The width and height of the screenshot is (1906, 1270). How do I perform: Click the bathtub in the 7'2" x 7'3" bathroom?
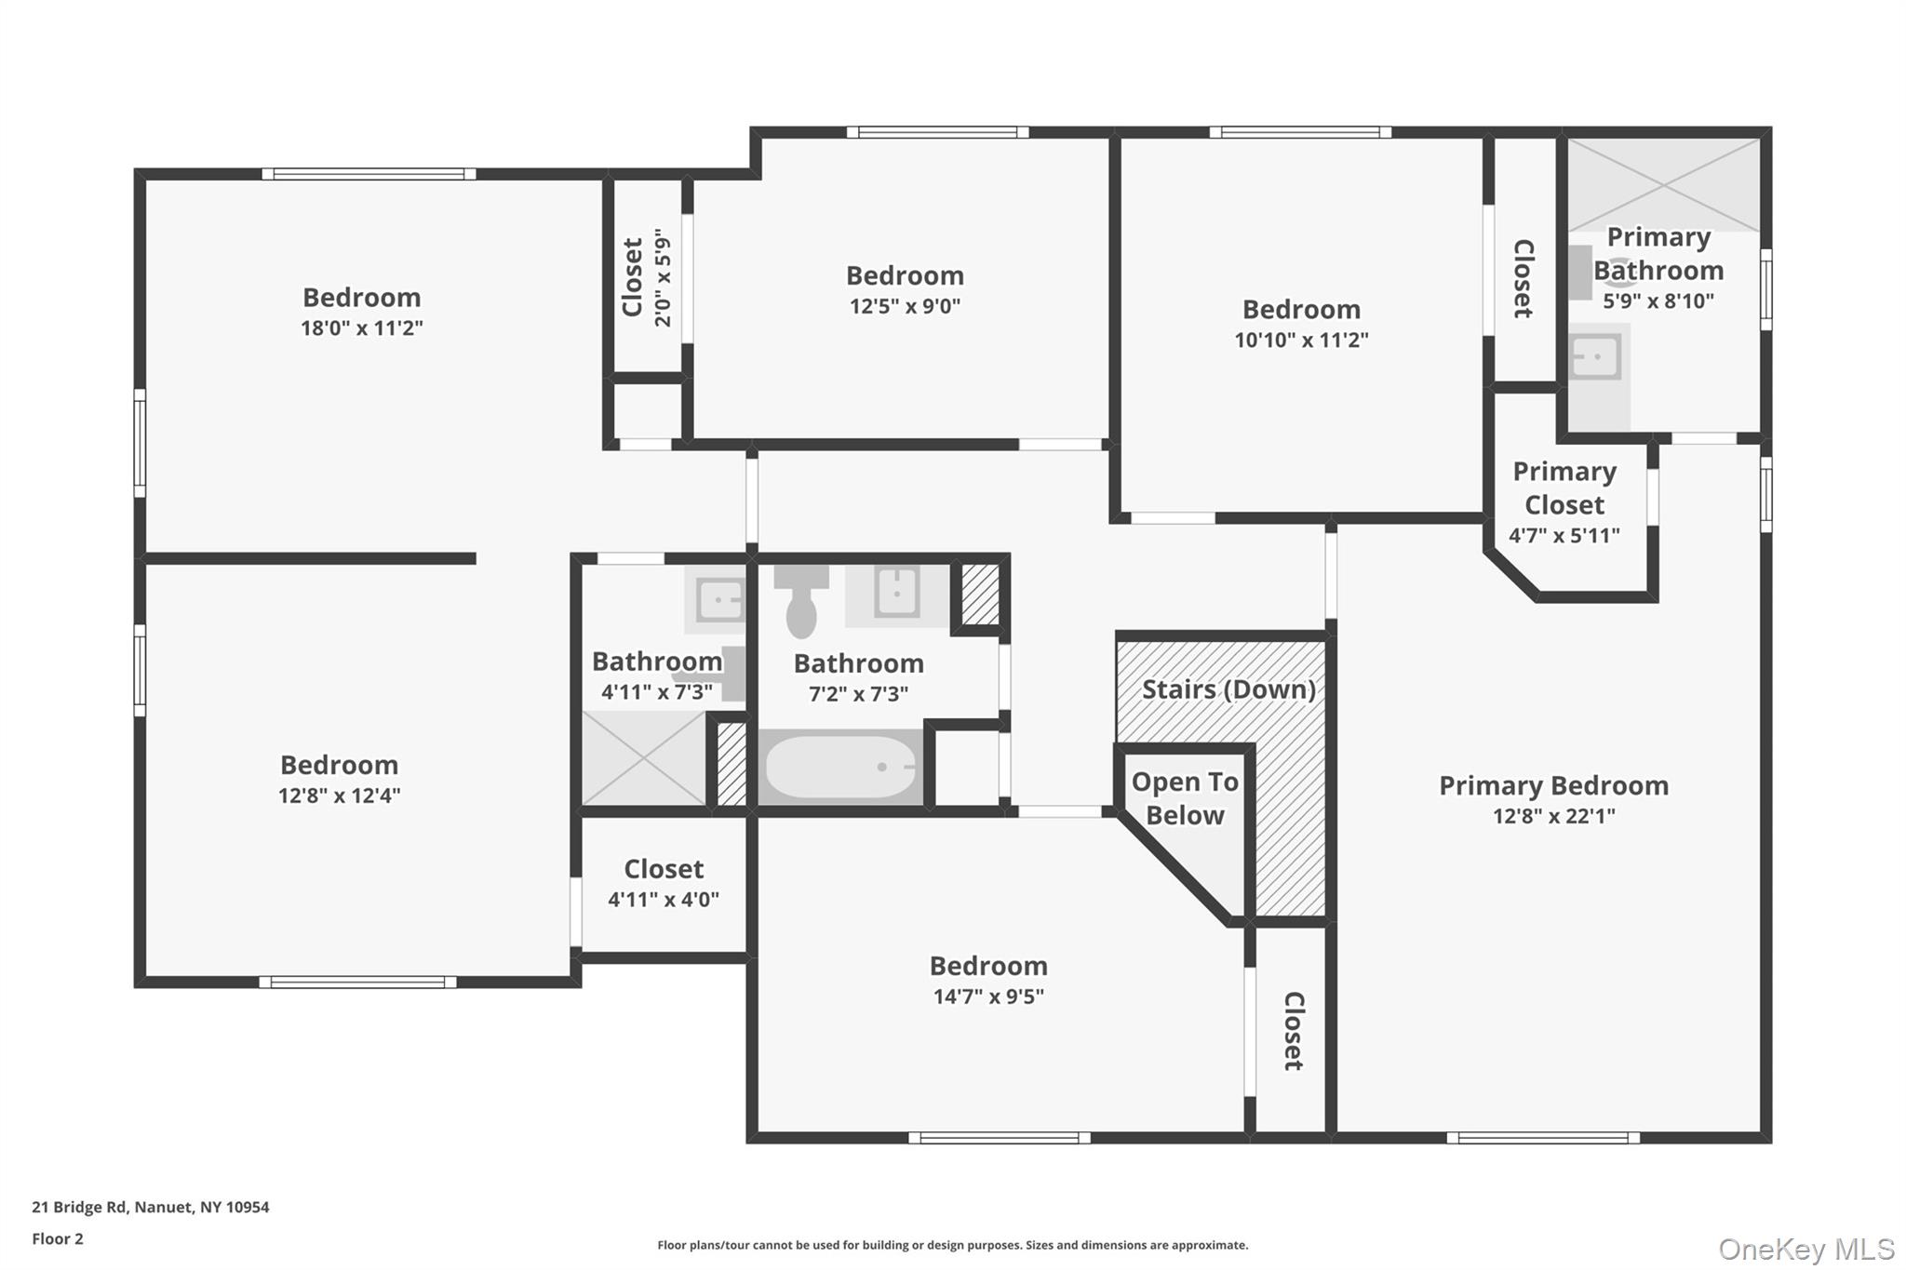point(840,768)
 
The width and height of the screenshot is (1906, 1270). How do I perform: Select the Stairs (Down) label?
point(1228,689)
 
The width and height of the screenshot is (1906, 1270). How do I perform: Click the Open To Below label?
point(1185,798)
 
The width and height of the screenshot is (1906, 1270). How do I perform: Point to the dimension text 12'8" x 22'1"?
point(1553,816)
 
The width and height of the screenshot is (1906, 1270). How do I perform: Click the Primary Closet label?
point(1564,488)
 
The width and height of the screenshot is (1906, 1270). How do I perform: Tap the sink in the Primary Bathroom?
point(1596,357)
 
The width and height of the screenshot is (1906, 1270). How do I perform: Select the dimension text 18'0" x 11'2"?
point(361,328)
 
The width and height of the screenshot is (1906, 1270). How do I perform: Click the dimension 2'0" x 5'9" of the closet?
point(663,277)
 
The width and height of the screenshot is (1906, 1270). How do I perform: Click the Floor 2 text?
point(58,1238)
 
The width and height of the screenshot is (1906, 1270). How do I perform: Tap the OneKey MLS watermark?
point(1805,1249)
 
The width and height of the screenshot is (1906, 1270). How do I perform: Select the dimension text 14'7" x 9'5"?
point(988,996)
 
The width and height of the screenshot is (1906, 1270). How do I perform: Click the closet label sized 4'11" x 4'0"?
point(664,869)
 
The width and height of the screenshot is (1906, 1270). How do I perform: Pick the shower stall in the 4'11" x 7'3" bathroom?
point(643,758)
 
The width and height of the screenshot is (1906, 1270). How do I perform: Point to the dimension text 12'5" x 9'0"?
point(905,306)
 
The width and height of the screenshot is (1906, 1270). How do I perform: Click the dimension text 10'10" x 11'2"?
point(1301,340)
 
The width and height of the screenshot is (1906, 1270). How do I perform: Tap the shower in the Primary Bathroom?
point(1663,184)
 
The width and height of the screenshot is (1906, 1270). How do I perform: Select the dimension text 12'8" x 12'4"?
point(339,795)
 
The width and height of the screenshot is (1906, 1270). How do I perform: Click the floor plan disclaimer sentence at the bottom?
point(952,1245)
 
